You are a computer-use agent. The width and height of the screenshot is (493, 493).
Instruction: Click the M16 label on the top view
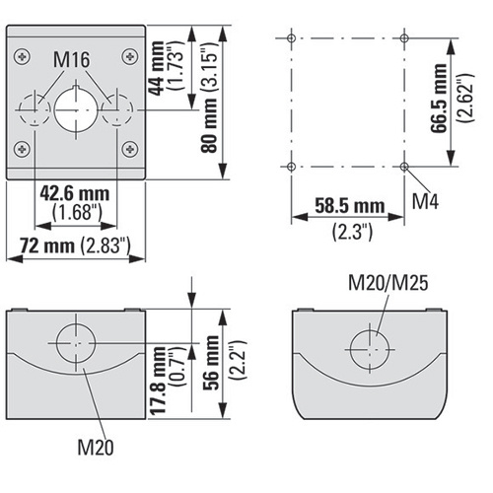pyautogui.click(x=71, y=60)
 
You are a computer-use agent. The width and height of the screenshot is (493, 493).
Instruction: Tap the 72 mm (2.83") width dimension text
pyautogui.click(x=75, y=246)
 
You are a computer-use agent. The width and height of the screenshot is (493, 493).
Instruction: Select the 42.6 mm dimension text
pyautogui.click(x=75, y=194)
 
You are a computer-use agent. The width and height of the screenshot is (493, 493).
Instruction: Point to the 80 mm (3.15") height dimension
pyautogui.click(x=209, y=98)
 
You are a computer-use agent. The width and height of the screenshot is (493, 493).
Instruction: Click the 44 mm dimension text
pyautogui.click(x=156, y=68)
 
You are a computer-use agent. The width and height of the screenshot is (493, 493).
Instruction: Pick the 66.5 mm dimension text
pyautogui.click(x=439, y=99)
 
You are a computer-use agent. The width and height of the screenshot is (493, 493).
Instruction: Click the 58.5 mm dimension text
pyautogui.click(x=350, y=206)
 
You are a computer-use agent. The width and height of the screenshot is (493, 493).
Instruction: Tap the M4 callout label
pyautogui.click(x=425, y=201)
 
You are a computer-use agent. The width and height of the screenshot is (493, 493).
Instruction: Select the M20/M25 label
pyautogui.click(x=388, y=283)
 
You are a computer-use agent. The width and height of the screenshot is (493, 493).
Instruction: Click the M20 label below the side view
pyautogui.click(x=96, y=448)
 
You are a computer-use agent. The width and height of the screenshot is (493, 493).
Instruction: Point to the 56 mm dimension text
pyautogui.click(x=211, y=363)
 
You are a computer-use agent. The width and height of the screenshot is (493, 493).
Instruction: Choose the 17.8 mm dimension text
pyautogui.click(x=158, y=381)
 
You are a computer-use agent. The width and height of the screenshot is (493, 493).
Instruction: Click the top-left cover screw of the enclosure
pyautogui.click(x=23, y=56)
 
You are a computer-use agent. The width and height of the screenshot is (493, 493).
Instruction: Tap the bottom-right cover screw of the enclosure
pyautogui.click(x=130, y=149)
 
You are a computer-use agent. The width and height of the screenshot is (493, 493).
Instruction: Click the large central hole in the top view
pyautogui.click(x=76, y=109)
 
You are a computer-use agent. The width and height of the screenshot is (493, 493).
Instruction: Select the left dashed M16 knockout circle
pyautogui.click(x=35, y=109)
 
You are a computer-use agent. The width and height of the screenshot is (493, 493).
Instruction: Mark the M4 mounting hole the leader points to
pyautogui.click(x=404, y=167)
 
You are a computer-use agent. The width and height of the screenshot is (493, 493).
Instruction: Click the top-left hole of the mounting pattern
pyautogui.click(x=291, y=38)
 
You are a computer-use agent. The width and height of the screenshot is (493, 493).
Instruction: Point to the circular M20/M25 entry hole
pyautogui.click(x=370, y=349)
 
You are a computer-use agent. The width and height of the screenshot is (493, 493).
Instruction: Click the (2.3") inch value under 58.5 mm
pyautogui.click(x=352, y=232)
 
